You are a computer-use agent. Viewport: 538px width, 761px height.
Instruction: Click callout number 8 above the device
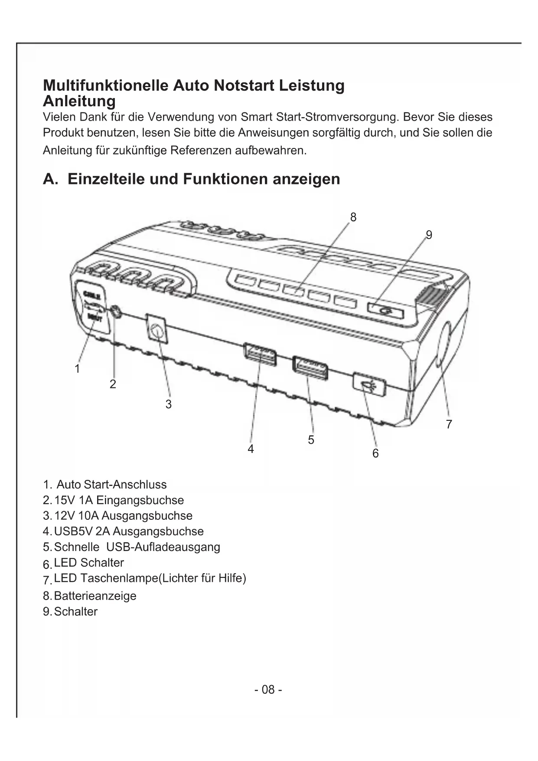[353, 217]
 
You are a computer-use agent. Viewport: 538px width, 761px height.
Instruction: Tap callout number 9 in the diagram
[429, 235]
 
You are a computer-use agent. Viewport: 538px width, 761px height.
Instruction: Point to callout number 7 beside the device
[449, 424]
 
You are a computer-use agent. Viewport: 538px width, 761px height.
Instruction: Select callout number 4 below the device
[251, 449]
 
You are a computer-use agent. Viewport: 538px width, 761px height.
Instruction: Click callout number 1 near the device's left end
[77, 369]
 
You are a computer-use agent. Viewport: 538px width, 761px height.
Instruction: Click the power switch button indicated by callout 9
[385, 311]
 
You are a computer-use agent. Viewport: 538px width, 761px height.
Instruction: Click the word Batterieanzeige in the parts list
[95, 596]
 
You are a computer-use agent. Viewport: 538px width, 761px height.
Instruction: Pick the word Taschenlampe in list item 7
[118, 578]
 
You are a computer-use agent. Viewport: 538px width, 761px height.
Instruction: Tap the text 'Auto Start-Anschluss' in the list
[111, 485]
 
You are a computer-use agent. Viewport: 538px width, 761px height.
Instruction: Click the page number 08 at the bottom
[268, 689]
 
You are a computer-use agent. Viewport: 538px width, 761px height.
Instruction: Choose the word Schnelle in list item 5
[76, 547]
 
